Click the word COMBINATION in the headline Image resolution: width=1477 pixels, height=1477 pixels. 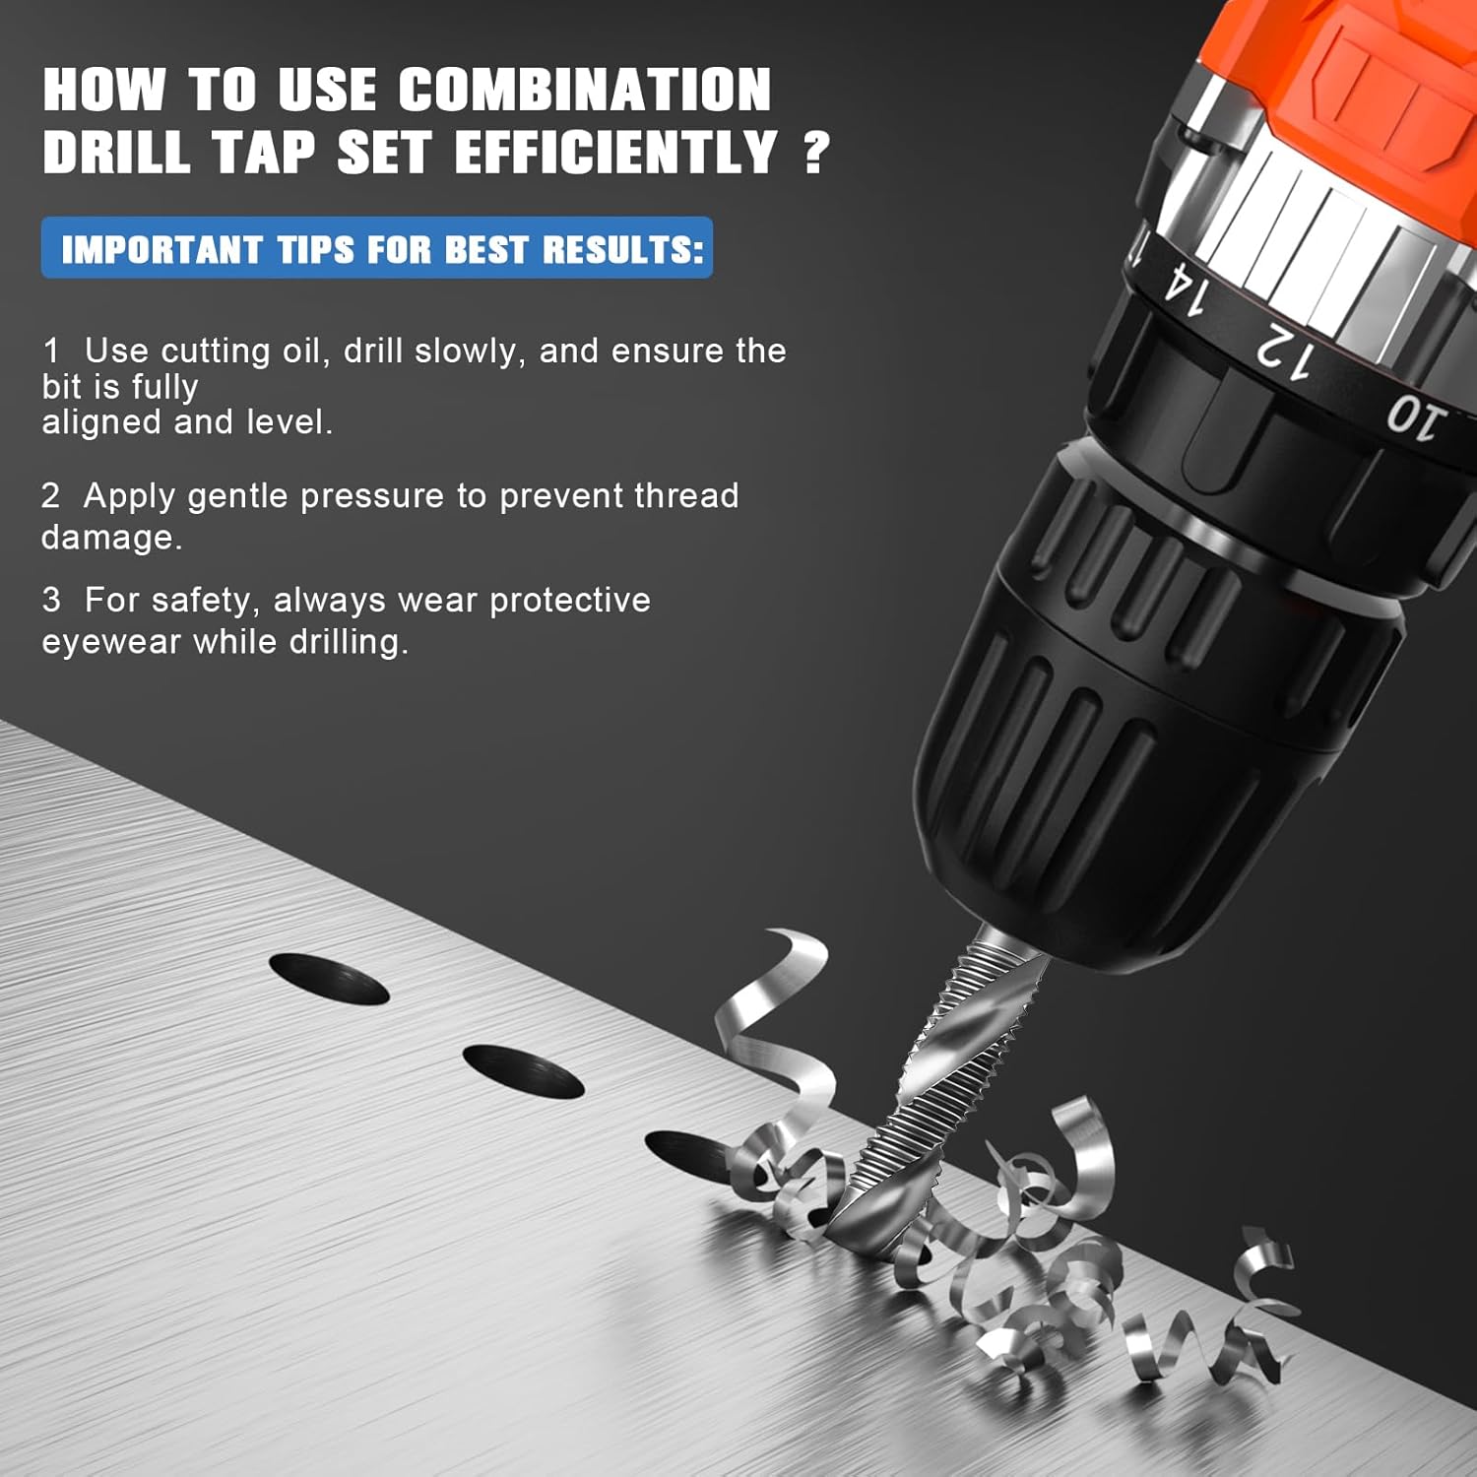585,91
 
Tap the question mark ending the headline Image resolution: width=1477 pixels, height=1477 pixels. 815,154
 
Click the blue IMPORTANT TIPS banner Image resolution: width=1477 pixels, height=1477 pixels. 377,248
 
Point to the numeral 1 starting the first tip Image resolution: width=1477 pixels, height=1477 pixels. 51,352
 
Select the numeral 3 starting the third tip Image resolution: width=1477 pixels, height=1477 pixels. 51,601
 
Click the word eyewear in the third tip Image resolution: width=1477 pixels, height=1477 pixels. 111,643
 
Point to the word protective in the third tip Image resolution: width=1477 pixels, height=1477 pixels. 570,601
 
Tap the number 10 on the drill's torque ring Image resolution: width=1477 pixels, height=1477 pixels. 1416,417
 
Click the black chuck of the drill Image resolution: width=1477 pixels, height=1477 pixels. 1152,719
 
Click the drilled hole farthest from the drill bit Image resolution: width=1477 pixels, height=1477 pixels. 329,980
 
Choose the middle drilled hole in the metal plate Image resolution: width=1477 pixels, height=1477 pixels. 523,1072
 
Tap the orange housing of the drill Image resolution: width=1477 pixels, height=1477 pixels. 1379,98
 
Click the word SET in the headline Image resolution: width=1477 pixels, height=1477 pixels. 384,154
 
